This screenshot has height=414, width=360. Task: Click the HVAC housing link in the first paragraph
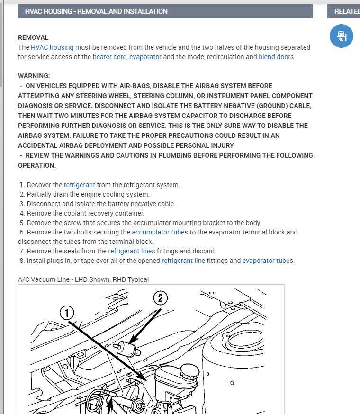[52, 47]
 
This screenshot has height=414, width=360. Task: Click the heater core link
[109, 57]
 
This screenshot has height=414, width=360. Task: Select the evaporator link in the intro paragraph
[145, 57]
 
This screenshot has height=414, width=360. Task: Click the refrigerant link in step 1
[80, 185]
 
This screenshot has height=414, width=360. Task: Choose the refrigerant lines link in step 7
[132, 251]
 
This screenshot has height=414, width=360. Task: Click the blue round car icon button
[342, 36]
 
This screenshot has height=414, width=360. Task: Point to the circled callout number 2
[160, 298]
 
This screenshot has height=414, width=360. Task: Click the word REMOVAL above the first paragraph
[33, 37]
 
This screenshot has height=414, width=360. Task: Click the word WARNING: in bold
[34, 76]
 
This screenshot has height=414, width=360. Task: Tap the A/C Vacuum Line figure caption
[83, 279]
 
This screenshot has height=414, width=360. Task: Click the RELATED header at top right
[346, 11]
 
